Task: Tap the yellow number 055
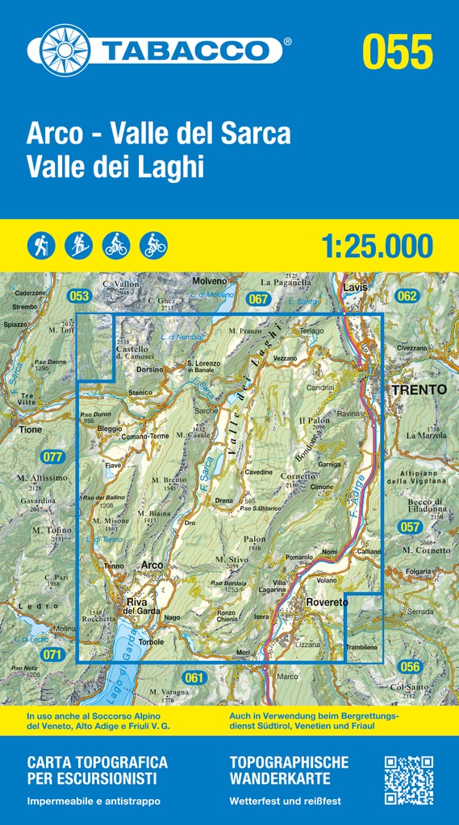(397, 51)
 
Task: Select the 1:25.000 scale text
(377, 246)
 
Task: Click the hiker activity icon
(40, 244)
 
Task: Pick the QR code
(408, 780)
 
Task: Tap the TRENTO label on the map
(418, 389)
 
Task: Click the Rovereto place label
(327, 603)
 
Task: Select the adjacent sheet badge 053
(78, 296)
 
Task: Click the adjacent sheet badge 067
(258, 299)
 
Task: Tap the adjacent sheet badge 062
(407, 296)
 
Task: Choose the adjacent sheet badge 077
(52, 457)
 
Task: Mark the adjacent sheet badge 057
(410, 527)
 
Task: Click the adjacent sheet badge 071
(52, 654)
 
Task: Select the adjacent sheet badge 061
(194, 678)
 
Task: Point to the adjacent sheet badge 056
(410, 666)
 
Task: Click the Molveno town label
(211, 280)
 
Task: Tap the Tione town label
(31, 430)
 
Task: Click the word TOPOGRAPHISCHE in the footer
(289, 761)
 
